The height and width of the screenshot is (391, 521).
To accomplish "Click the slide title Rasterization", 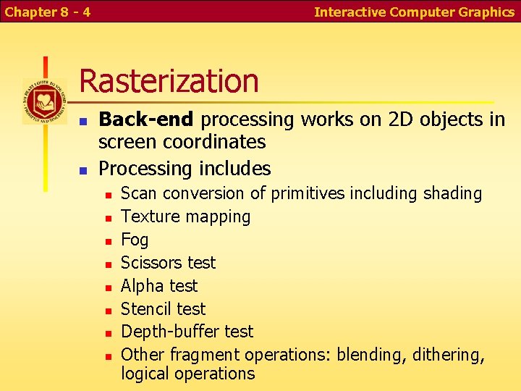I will [169, 80].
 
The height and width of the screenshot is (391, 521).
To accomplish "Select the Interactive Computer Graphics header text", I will [414, 12].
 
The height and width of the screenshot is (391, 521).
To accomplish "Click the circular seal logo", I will [44, 101].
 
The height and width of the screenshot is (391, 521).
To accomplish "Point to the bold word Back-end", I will [146, 119].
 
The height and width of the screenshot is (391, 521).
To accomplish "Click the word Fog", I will [135, 240].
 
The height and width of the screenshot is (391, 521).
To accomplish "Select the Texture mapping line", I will [185, 216].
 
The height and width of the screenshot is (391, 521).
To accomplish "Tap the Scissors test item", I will [168, 263].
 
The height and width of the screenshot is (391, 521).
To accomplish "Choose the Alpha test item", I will [159, 286].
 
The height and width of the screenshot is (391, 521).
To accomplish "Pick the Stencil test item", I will [163, 309].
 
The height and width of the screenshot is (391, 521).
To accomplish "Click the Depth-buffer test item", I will [187, 332].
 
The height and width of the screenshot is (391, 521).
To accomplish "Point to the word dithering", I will [449, 355].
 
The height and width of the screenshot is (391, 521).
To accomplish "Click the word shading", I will [452, 194].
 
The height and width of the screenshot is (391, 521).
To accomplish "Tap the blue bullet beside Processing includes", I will [83, 170].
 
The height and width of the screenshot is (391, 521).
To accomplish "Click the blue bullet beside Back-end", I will [83, 120].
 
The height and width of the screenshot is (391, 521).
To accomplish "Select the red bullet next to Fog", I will [108, 240].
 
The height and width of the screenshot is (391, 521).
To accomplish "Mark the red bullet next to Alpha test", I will [108, 287].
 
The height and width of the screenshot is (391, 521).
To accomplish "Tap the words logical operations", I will [187, 374].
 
